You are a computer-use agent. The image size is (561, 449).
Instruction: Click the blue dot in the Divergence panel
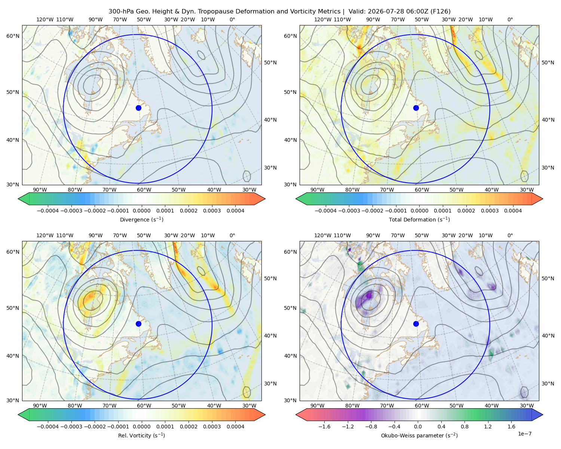coord(138,108)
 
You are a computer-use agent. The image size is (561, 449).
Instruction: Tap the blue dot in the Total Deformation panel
coord(416,108)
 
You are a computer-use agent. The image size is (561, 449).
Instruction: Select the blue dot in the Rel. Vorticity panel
coord(138,324)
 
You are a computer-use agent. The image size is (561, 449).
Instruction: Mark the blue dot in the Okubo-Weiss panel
coord(416,324)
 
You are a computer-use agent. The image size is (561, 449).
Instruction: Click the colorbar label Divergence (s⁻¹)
coord(141,219)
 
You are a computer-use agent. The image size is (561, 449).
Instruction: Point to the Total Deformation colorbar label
coord(419,219)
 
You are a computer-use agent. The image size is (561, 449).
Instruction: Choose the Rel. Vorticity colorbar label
coord(141,435)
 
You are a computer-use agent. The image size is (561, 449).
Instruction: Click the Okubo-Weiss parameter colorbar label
coord(419,435)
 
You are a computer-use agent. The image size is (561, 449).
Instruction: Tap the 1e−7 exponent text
coord(524,434)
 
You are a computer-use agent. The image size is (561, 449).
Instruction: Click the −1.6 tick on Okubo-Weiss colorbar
coord(324,426)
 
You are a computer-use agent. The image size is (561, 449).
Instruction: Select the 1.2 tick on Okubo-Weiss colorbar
coord(488,426)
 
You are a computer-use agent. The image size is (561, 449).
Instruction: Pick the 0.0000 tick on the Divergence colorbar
coord(141,211)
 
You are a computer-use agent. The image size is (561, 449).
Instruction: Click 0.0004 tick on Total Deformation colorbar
coord(513,211)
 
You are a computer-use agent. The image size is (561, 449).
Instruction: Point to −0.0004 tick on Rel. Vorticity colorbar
coord(48,426)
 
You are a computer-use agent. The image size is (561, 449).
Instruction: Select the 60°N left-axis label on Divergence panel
coord(13,36)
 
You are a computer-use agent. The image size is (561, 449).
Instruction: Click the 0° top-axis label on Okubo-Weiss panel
coord(510,235)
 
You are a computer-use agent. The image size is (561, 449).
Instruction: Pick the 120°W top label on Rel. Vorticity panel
coord(45,235)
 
